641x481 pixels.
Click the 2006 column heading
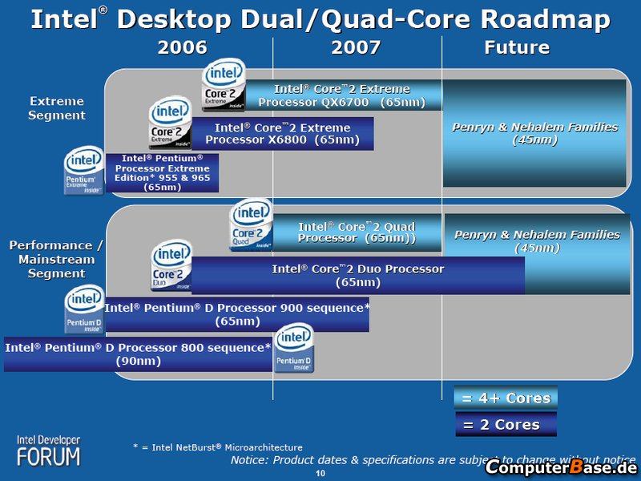click(182, 47)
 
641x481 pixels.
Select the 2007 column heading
click(356, 47)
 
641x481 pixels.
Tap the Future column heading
click(517, 47)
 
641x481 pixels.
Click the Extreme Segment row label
click(57, 108)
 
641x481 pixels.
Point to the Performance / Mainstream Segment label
click(56, 259)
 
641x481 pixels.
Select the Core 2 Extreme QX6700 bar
click(343, 95)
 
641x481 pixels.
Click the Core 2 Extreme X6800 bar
click(282, 133)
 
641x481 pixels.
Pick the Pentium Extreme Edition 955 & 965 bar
click(162, 172)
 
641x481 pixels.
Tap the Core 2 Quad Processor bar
click(357, 232)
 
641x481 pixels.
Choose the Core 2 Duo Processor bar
click(357, 275)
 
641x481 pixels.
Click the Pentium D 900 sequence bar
click(237, 313)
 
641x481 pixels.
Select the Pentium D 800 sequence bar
click(139, 354)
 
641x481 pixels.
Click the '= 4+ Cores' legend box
click(506, 398)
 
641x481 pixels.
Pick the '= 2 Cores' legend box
click(506, 424)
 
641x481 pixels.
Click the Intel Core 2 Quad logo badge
click(251, 224)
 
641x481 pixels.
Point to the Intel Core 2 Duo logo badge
click(171, 266)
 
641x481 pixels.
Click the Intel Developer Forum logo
click(50, 451)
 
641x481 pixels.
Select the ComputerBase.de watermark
click(560, 467)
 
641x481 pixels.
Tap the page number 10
click(320, 475)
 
